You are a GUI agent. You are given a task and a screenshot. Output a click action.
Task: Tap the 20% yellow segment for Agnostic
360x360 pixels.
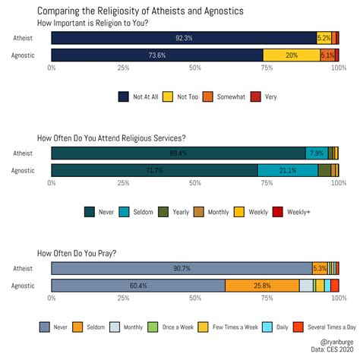(x=292, y=55)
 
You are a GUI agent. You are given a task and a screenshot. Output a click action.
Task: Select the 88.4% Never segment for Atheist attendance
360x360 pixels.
(x=178, y=153)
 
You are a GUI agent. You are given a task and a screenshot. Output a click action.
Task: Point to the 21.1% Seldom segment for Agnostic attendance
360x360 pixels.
(x=287, y=170)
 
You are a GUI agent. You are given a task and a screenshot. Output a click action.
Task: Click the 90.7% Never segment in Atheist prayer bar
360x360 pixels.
(x=182, y=268)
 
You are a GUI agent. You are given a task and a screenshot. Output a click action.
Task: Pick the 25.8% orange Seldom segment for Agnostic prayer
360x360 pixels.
(x=262, y=285)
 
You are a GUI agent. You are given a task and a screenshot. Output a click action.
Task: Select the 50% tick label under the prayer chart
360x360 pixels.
(x=195, y=298)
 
